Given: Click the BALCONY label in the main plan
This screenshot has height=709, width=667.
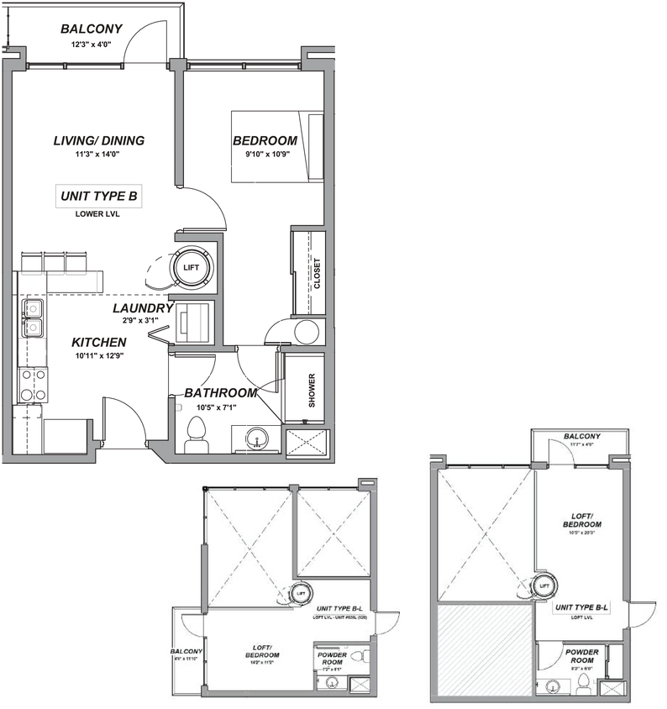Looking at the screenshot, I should coord(92,30).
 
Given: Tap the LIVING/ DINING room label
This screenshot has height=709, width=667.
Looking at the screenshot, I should coord(99,140).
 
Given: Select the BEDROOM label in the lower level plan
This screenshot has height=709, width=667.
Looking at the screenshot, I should coord(265,140).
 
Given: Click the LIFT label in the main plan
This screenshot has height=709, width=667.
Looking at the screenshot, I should coord(192,268).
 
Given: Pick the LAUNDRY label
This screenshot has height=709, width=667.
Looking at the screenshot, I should coord(143,308).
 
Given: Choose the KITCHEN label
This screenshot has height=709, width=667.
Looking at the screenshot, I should coord(99,343).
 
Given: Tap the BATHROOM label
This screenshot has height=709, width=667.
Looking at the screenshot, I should coord(221,393).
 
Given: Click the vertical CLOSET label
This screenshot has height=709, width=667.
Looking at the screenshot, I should coord(317,272).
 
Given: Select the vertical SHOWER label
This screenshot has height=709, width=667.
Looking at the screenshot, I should coord(312,391).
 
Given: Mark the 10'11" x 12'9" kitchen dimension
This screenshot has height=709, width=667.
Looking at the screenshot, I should coord(99,356).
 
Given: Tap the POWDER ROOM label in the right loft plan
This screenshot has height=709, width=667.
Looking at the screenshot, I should coord(581,656).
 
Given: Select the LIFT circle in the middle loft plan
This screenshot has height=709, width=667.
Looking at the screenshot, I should coord(300,593).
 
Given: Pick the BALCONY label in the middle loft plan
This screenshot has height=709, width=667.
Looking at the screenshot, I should coord(186,651).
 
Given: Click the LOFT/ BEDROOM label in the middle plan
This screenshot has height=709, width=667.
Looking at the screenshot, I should coord(262,651).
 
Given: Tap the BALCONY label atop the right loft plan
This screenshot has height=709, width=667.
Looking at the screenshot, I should coord(581,437).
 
